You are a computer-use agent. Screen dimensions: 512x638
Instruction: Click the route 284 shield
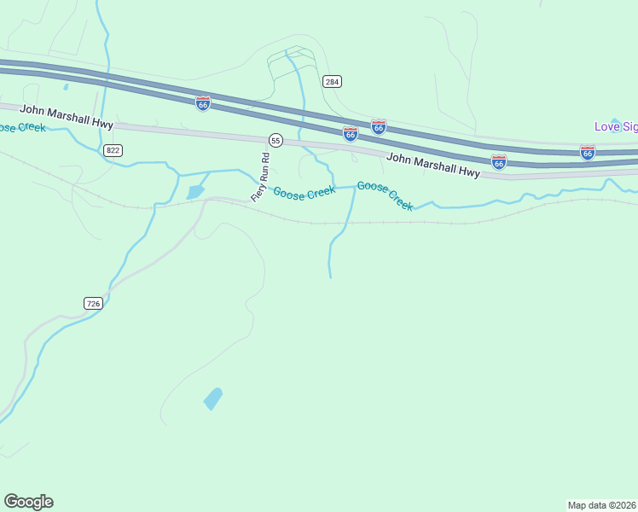(332, 81)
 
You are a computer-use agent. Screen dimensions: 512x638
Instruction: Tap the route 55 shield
(275, 139)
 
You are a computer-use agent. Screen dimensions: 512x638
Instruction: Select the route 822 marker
(113, 150)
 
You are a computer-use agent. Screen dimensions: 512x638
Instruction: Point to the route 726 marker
(94, 303)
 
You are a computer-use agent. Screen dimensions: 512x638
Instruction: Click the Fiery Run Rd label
(260, 177)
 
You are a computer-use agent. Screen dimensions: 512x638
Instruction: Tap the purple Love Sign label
(616, 127)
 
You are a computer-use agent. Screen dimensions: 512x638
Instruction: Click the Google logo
(28, 502)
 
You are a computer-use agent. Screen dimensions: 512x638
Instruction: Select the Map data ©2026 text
(601, 504)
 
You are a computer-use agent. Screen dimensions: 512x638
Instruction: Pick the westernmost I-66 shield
(203, 103)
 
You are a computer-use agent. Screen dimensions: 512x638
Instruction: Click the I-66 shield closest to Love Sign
(587, 153)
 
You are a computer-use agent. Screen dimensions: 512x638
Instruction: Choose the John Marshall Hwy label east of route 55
(432, 165)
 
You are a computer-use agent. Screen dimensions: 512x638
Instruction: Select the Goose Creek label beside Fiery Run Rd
(304, 193)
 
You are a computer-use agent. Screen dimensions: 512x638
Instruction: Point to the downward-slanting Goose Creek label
(385, 195)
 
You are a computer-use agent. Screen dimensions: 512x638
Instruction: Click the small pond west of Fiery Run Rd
(195, 192)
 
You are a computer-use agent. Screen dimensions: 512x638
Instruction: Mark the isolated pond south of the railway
(213, 399)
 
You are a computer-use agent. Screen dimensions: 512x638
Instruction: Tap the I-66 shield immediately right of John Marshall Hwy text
(499, 161)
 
